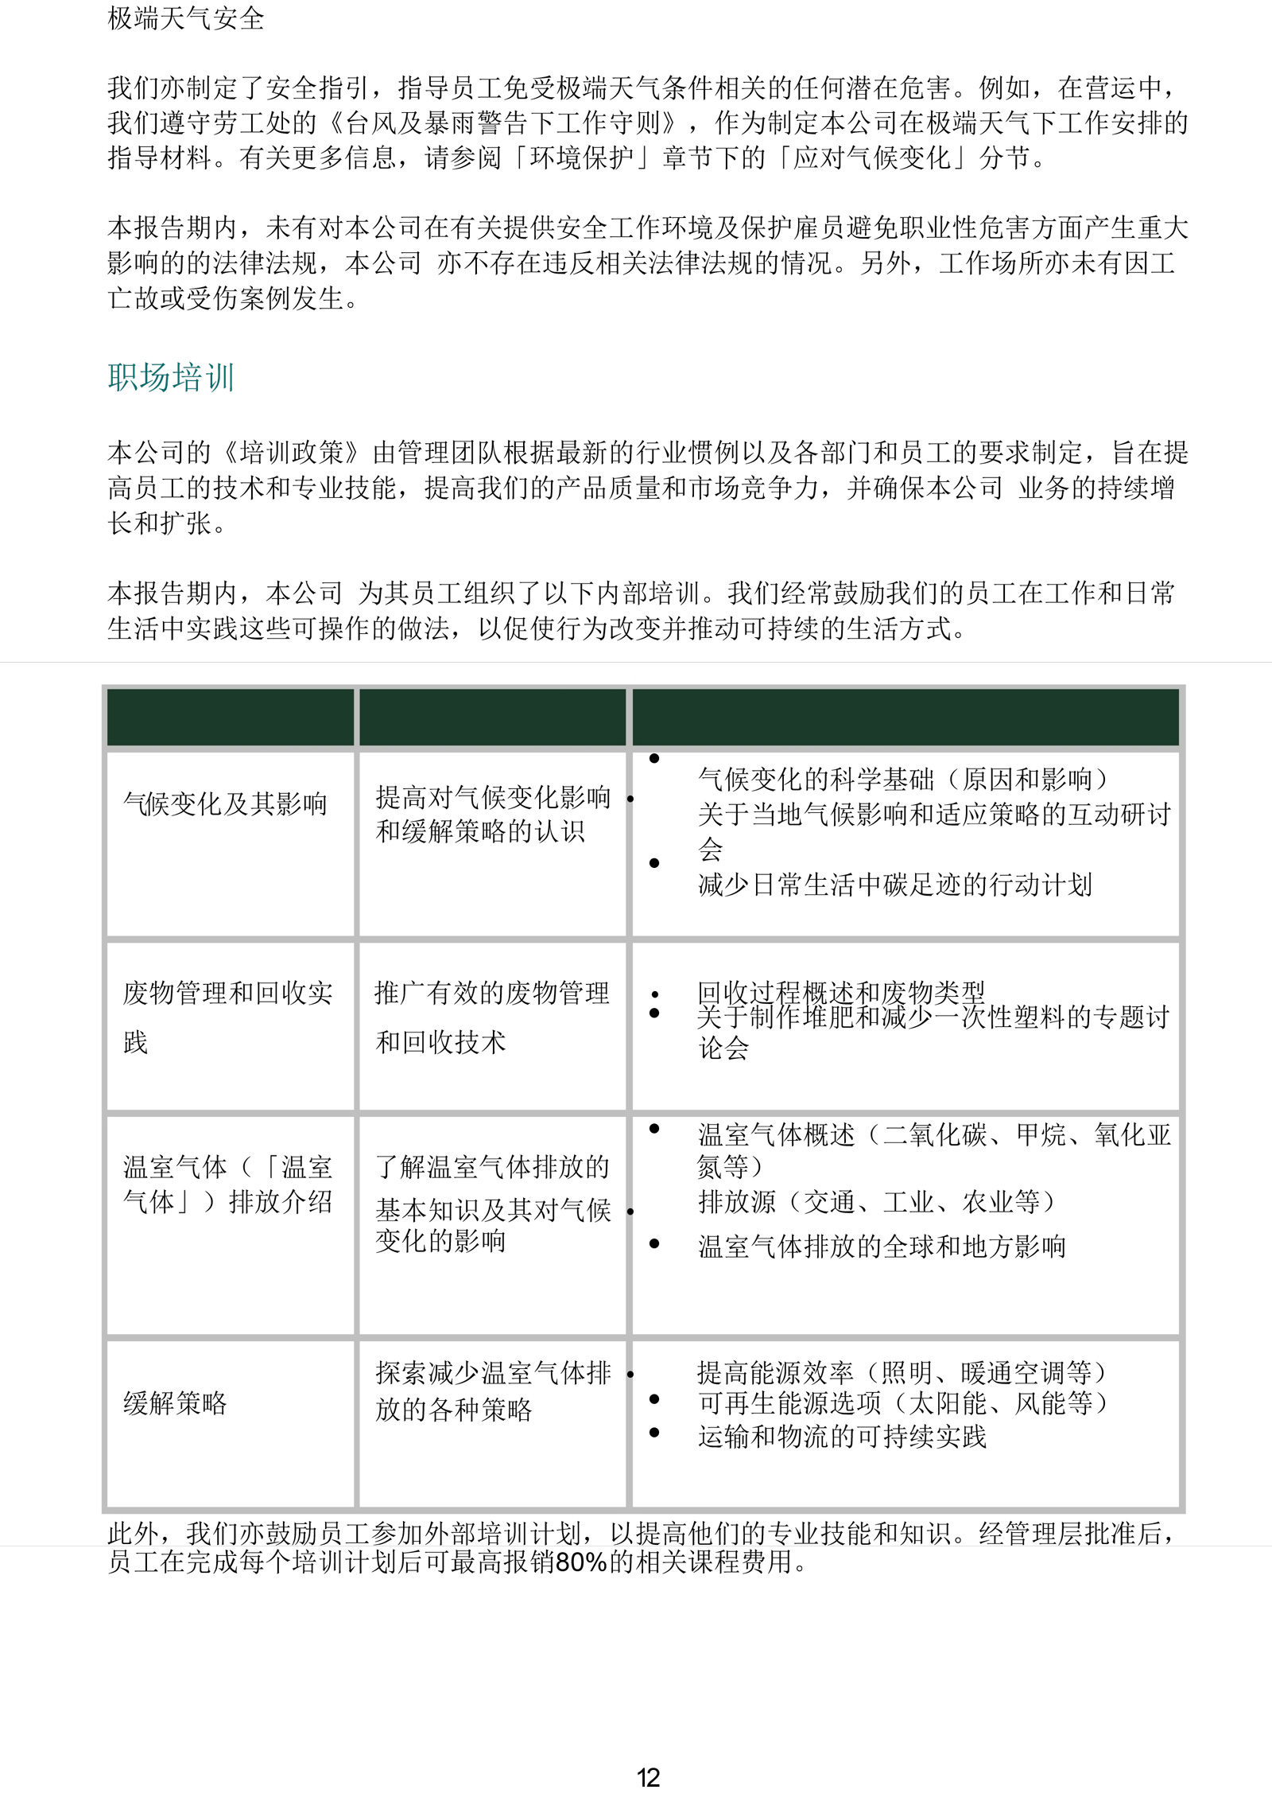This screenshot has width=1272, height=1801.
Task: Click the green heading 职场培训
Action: pyautogui.click(x=171, y=377)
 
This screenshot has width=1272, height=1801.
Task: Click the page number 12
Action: pyautogui.click(x=648, y=1777)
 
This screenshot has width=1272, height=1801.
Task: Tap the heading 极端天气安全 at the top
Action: pyautogui.click(x=185, y=18)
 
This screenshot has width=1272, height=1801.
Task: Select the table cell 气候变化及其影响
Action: pyautogui.click(x=225, y=803)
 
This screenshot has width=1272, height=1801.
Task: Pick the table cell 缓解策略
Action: pyautogui.click(x=175, y=1402)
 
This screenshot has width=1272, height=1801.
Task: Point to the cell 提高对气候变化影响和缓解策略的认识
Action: pyautogui.click(x=492, y=814)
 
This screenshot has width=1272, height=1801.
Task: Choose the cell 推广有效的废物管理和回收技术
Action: pyautogui.click(x=491, y=1017)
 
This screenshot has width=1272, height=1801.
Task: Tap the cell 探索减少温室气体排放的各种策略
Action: pyautogui.click(x=492, y=1391)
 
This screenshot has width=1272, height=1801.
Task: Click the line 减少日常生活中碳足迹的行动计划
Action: pyautogui.click(x=894, y=885)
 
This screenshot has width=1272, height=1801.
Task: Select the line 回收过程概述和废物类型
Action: pyautogui.click(x=840, y=992)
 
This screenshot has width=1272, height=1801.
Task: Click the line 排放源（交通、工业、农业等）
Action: pyautogui.click(x=876, y=1201)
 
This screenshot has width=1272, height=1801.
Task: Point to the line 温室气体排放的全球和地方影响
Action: pyautogui.click(x=881, y=1246)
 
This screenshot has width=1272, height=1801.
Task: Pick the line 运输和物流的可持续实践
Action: pyautogui.click(x=842, y=1436)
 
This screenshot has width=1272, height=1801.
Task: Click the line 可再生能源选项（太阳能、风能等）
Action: pyautogui.click(x=902, y=1402)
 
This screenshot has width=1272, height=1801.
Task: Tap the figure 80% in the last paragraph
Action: pyautogui.click(x=581, y=1562)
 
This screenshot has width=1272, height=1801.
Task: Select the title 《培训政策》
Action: pyautogui.click(x=292, y=453)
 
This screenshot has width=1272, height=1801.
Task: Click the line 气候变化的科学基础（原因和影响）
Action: pyautogui.click(x=902, y=779)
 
